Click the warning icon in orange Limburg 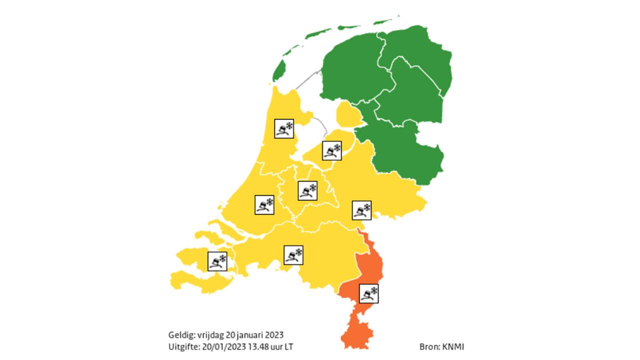[x=369, y=293]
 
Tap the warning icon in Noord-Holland [x=284, y=128]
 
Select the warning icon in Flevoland [x=332, y=150]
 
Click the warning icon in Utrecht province [x=308, y=190]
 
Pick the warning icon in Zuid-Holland [x=264, y=205]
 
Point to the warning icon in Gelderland [x=361, y=210]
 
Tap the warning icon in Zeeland [x=217, y=261]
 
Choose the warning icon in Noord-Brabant [x=294, y=255]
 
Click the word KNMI [x=453, y=346]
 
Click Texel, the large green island [x=279, y=71]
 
